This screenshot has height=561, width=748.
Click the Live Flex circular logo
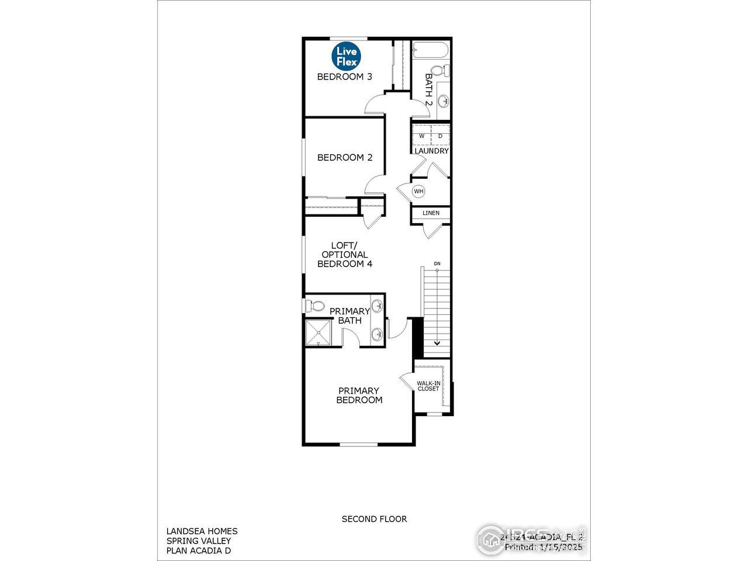pos(347,56)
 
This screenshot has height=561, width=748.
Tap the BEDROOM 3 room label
pos(345,77)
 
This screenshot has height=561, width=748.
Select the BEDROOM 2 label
pos(345,157)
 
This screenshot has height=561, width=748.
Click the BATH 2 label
pos(429,89)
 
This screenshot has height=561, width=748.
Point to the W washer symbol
pos(421,137)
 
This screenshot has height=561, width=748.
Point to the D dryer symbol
pos(441,137)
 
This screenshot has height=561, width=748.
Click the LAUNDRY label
pos(432,151)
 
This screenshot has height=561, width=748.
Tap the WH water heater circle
pos(418,191)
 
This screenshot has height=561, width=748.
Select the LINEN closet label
pos(431,213)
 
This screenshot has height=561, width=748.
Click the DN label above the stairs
pos(437,264)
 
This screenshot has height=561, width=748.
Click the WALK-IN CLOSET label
pos(428,386)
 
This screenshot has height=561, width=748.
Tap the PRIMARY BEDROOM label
pos(359,396)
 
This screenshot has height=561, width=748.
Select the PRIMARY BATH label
pos(349,316)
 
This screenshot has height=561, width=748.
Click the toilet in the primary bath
pos(316,306)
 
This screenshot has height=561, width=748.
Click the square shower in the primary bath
pos(319,333)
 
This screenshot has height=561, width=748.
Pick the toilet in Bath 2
pos(443,71)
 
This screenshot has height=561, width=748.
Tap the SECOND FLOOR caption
pos(374,519)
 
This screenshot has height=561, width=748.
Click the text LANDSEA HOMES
pos(202,531)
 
